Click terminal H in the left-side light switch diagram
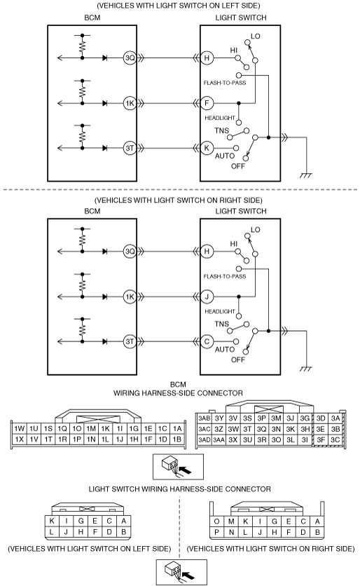coord(207,58)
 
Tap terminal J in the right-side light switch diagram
coord(207,297)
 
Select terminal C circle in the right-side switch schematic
coord(207,341)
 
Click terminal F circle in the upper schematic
coord(207,103)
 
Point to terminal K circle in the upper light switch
coord(207,148)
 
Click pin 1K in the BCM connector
coord(105,429)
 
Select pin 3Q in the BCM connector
coord(262,429)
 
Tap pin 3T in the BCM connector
coord(248,429)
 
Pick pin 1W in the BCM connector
coord(20,429)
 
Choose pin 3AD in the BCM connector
coord(205,440)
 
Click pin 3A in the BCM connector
coord(335,418)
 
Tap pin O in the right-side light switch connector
coord(217,522)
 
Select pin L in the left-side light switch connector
coord(52,532)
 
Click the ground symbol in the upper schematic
coord(306,175)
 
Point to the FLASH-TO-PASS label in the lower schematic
coord(225,277)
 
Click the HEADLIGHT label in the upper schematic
coord(220,118)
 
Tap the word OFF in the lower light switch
coord(238,360)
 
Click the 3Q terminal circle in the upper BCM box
coord(130,58)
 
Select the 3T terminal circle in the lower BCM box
coord(130,341)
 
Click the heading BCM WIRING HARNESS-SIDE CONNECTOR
coord(178,389)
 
